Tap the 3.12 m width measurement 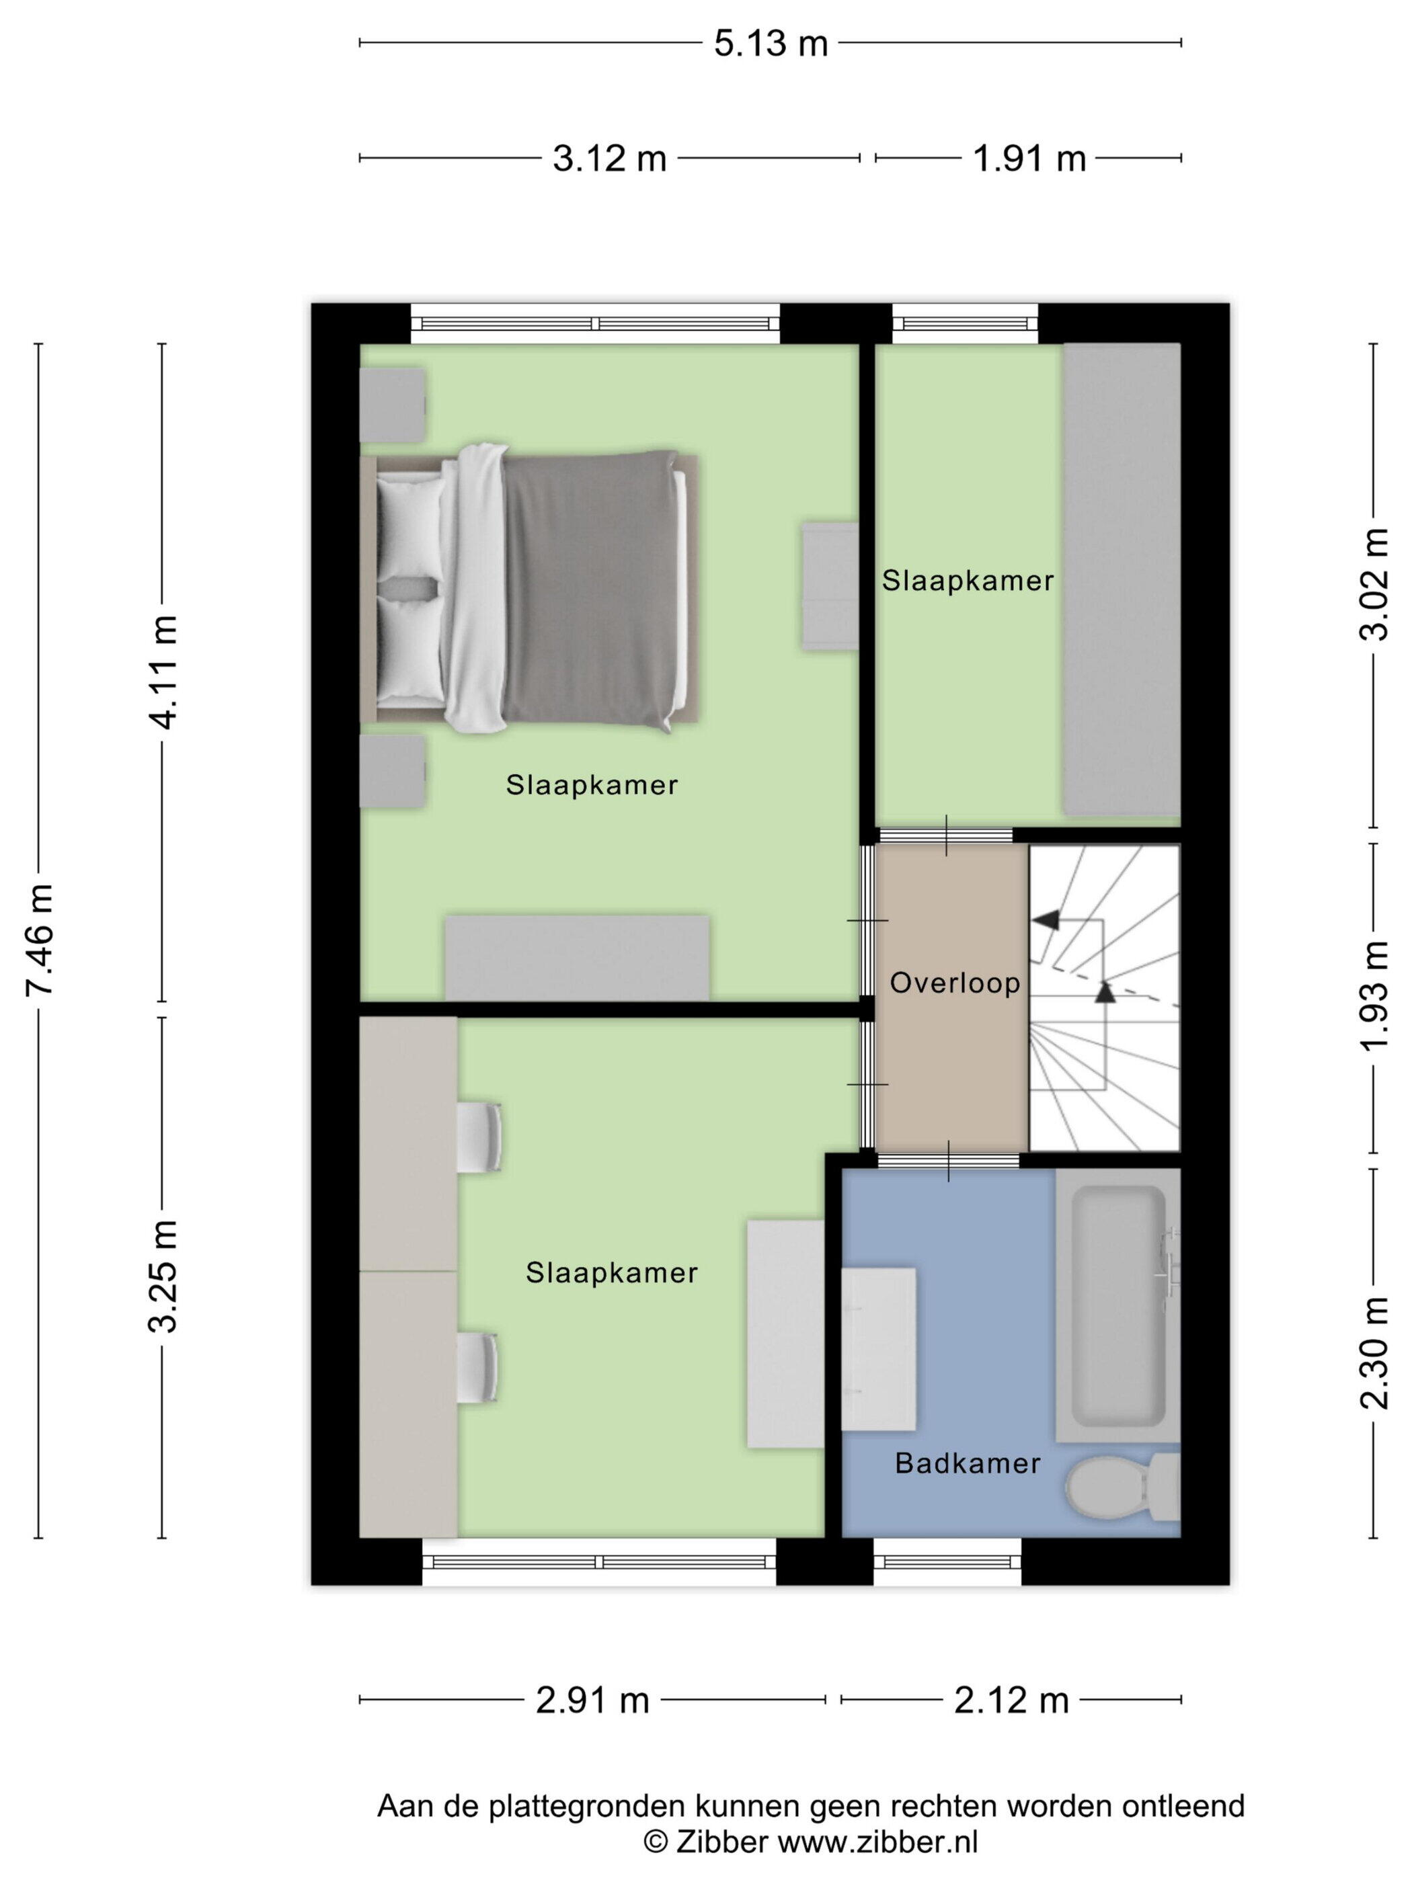609,158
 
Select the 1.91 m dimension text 1029,158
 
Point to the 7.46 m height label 39,939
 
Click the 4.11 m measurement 163,672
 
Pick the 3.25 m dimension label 163,1275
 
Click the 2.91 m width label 592,1701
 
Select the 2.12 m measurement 1011,1701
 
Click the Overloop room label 955,983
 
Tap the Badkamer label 968,1463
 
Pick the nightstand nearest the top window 393,405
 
